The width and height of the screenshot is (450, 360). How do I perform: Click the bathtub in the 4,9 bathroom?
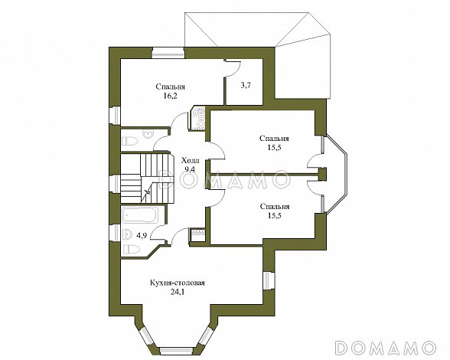point(140,215)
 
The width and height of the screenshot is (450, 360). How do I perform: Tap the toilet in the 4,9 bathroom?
point(131,249)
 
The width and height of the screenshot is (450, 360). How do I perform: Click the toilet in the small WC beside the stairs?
point(130,141)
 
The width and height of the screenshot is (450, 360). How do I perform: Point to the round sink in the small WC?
point(148,134)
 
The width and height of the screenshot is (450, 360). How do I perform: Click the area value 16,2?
point(170,96)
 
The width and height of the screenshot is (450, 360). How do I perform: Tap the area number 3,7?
point(246,85)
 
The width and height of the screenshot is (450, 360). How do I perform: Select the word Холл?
point(191,160)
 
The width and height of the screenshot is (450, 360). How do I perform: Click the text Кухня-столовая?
point(178,283)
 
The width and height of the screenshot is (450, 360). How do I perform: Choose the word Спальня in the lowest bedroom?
point(275,207)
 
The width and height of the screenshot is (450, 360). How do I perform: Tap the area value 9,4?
point(190,169)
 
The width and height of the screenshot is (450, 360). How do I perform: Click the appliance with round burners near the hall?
point(198,119)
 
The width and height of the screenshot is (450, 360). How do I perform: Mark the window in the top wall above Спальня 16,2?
point(168,53)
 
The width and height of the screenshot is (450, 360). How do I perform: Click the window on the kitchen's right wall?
point(269,280)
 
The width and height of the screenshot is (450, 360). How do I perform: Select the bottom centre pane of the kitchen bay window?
point(176,351)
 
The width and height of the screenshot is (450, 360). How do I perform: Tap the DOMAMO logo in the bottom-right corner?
point(386,347)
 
